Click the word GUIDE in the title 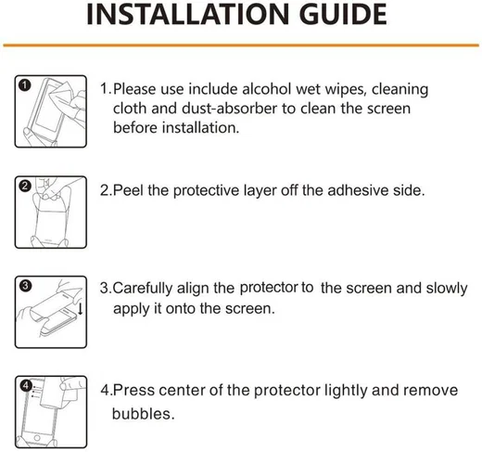click(343, 14)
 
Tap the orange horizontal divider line click(241, 45)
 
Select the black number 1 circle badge click(25, 85)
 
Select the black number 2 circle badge click(25, 187)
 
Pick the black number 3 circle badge click(25, 286)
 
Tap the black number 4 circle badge click(26, 386)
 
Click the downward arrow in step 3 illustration click(81, 309)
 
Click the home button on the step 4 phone click(37, 438)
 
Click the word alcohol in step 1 click(266, 89)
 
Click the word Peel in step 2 click(128, 190)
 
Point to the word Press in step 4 click(133, 390)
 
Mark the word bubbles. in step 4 click(143, 414)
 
